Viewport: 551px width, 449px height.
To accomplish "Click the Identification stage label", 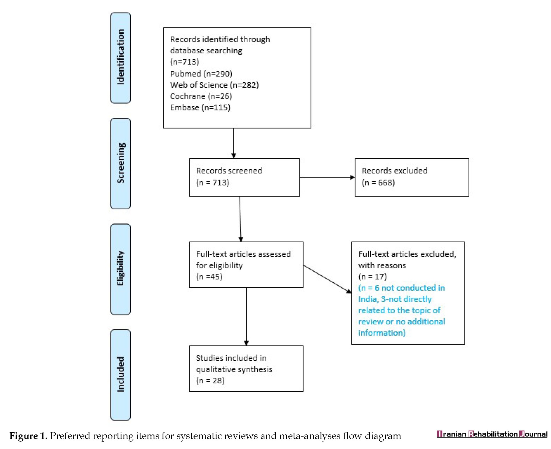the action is pos(121,57).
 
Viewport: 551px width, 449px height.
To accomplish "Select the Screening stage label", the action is pos(121,163).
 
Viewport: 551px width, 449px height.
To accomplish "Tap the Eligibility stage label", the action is pos(120,268).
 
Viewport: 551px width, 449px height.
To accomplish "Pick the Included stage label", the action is pos(121,374).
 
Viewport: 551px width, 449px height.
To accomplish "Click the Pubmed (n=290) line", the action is pos(201,74).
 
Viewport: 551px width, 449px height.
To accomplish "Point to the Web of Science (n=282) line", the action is pos(214,85).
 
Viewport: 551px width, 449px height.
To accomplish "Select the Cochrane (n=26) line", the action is pos(201,96).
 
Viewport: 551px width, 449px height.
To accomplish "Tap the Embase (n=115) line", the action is pos(200,108).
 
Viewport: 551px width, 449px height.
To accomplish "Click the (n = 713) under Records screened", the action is pos(213,182).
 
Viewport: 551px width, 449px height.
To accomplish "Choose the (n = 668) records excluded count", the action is pos(378,182).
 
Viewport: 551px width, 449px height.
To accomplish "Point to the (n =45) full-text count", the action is pos(209,277).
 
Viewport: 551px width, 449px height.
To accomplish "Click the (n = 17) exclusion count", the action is pos(373,277).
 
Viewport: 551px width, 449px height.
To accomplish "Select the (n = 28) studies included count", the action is pos(210,380).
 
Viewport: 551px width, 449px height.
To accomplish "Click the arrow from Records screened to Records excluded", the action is pos(327,177).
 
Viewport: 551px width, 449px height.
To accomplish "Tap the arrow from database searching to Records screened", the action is pos(234,143).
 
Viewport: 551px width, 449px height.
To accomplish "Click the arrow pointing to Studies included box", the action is pos(246,317).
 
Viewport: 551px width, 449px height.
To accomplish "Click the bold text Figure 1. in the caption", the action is pos(28,436).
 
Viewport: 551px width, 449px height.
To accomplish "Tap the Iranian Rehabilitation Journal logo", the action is pos(492,434).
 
